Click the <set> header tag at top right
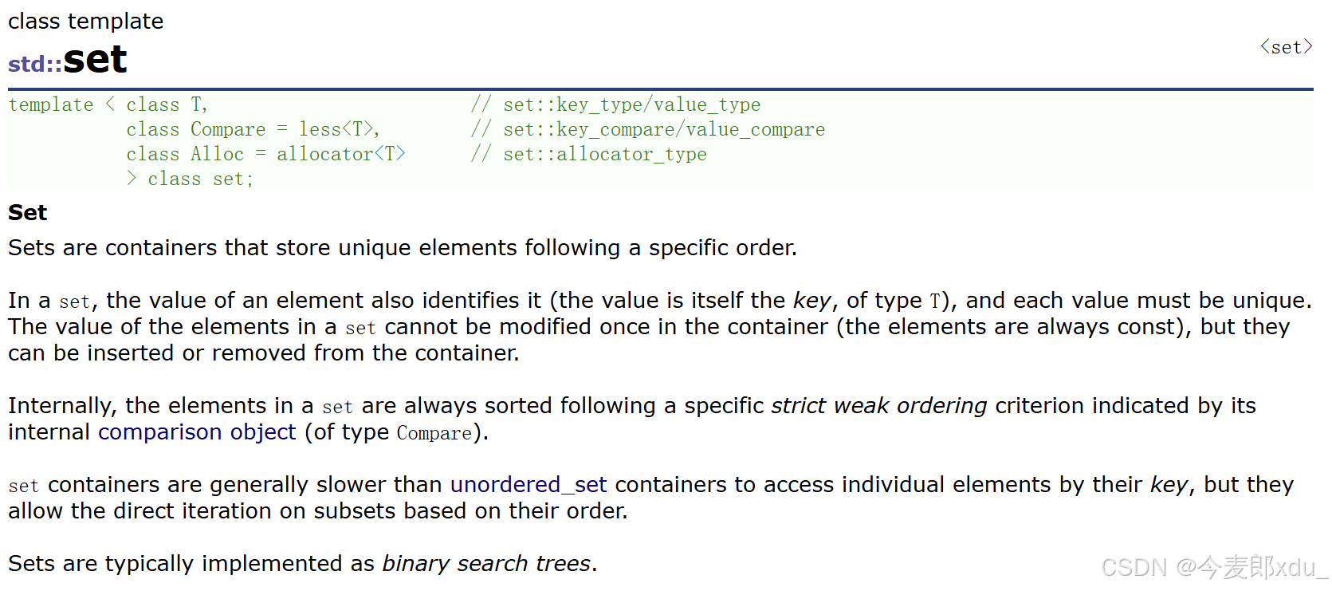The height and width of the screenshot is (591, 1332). (x=1286, y=47)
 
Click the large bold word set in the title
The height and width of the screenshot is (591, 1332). (x=95, y=60)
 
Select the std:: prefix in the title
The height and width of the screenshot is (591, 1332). (x=35, y=64)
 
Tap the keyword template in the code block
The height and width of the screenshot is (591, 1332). (x=51, y=104)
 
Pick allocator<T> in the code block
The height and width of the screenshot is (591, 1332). (x=340, y=154)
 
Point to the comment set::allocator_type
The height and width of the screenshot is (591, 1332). (x=604, y=154)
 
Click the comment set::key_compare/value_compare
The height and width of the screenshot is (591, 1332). (x=663, y=129)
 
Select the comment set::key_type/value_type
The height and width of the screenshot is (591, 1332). (x=631, y=104)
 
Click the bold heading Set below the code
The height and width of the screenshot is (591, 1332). (x=28, y=213)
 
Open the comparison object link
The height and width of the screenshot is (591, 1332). (x=197, y=432)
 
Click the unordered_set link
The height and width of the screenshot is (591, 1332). (x=528, y=485)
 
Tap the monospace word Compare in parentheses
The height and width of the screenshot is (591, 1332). (x=434, y=433)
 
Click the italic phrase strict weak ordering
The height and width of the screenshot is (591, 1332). (x=879, y=406)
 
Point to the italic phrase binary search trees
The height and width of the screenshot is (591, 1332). (x=486, y=564)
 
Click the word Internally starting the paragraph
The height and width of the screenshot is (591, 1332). (x=62, y=406)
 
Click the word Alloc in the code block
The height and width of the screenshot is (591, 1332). (x=217, y=154)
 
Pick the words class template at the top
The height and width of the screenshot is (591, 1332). (x=86, y=22)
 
